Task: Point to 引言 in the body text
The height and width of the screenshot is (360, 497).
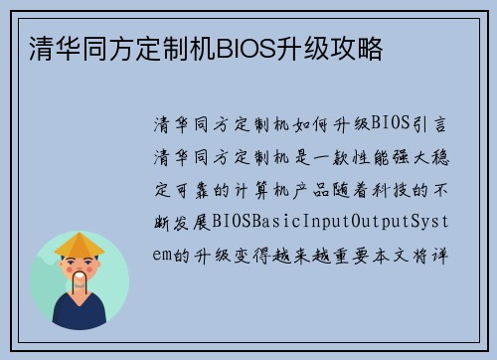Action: click(440, 123)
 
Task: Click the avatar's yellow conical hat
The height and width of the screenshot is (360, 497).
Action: click(80, 244)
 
